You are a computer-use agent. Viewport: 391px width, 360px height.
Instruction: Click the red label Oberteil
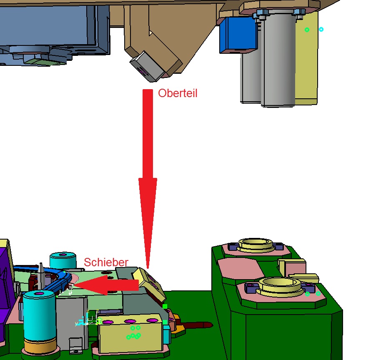pos(178,93)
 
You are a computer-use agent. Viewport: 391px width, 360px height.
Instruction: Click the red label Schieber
pos(106,262)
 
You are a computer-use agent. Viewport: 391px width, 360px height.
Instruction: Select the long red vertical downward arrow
pos(148,179)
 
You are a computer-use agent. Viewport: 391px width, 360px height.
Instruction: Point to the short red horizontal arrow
pos(106,285)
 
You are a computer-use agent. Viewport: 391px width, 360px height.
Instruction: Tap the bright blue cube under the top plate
pos(238,35)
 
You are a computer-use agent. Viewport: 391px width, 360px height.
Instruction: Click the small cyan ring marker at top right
pos(321,30)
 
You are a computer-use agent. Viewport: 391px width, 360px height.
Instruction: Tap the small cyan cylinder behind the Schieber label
pos(63,260)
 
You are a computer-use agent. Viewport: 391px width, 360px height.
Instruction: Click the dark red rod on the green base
pos(197,325)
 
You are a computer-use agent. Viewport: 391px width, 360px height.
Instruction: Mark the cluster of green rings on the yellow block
pos(134,332)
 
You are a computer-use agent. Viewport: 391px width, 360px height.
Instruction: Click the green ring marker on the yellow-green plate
pos(307,30)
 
